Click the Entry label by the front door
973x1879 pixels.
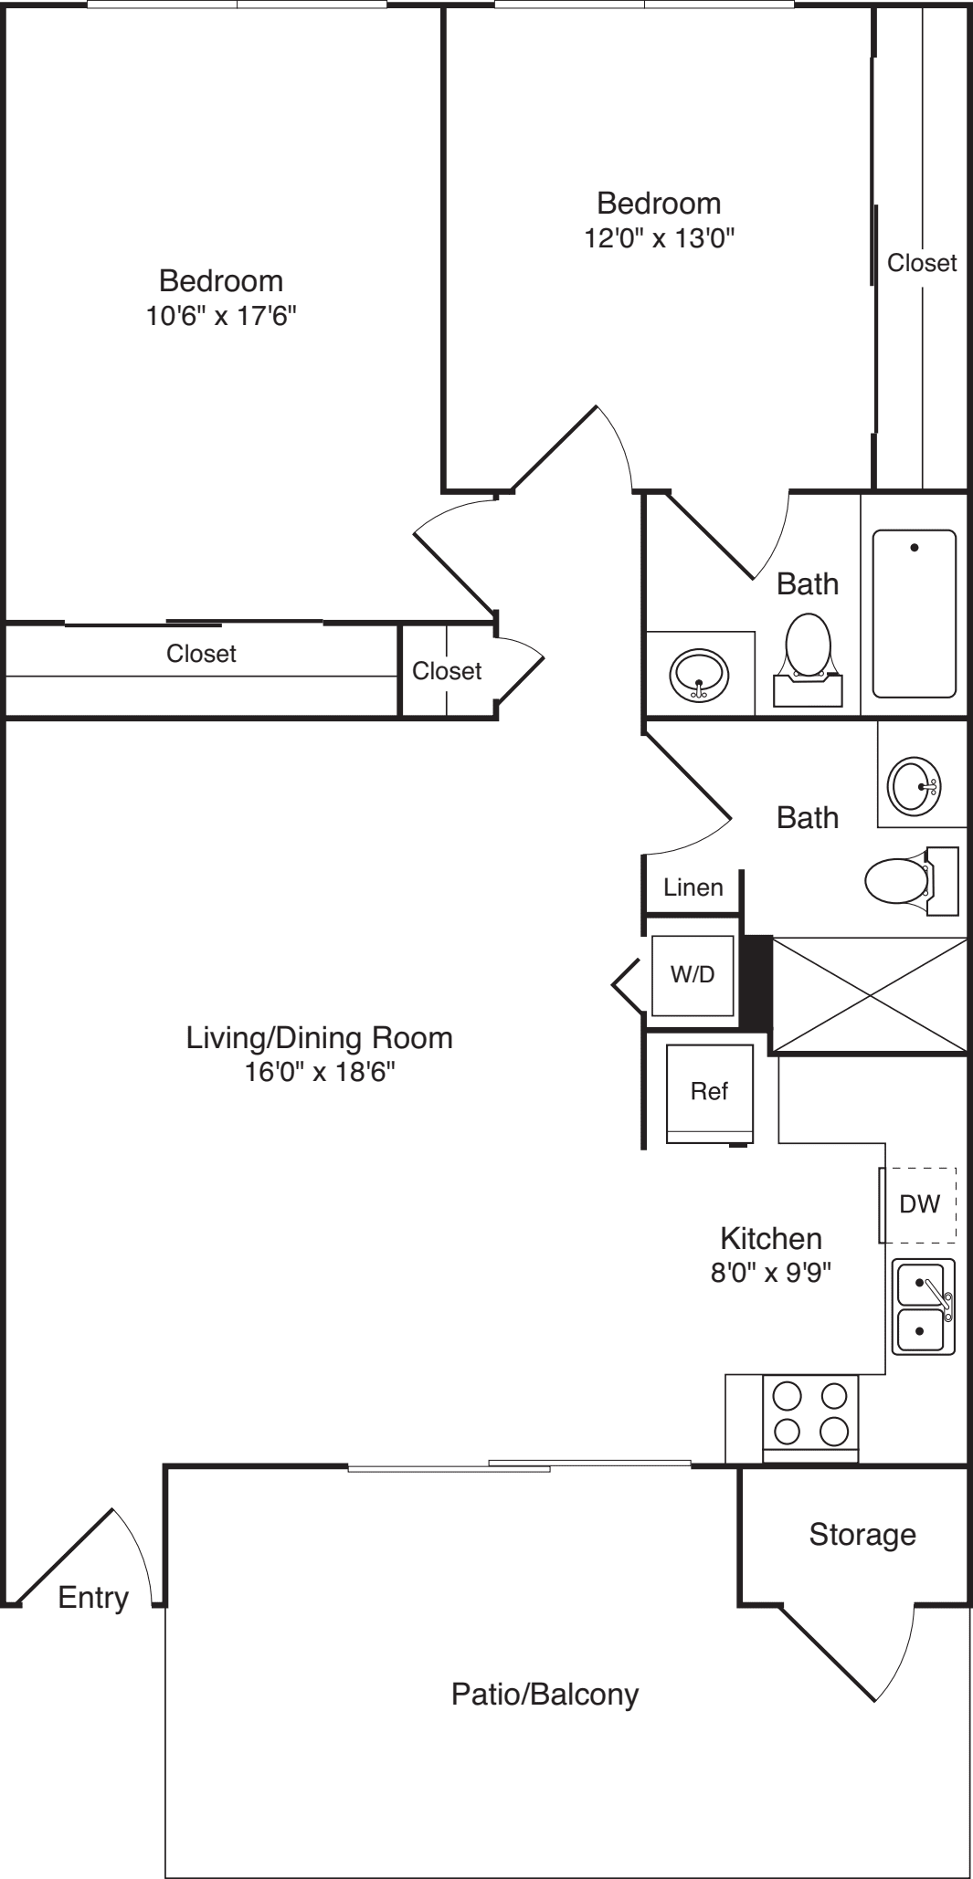coord(93,1597)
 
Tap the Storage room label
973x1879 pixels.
coord(862,1535)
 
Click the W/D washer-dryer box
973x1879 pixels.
coord(693,974)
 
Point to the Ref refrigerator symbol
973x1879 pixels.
coord(710,1093)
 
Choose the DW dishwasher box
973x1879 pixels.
coord(919,1204)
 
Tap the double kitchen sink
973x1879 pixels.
coord(924,1307)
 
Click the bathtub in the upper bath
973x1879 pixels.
coord(914,614)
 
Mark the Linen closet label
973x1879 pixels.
coord(693,887)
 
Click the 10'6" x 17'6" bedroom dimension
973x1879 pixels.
coord(221,317)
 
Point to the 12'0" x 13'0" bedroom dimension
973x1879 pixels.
coord(659,238)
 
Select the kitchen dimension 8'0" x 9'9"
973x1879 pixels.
coord(771,1272)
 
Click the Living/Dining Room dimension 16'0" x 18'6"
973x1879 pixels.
coord(319,1071)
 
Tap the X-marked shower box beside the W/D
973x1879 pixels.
coord(870,995)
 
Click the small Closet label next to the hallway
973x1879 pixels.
coord(447,671)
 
